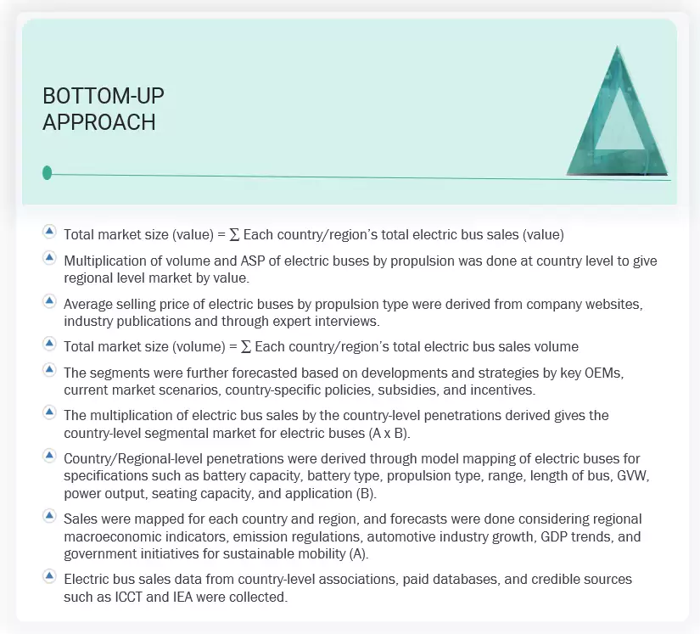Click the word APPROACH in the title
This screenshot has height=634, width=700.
pos(99,122)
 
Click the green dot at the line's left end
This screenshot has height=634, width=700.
pos(47,173)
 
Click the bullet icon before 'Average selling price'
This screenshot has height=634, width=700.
pos(49,303)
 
